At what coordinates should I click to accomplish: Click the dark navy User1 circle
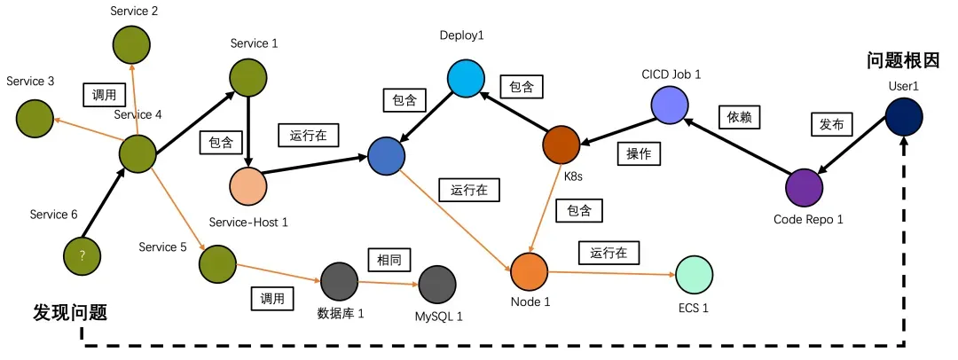(x=904, y=118)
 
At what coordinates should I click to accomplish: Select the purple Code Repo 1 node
(x=805, y=187)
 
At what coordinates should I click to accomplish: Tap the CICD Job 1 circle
(x=671, y=106)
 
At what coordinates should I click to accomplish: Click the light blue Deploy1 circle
(x=464, y=78)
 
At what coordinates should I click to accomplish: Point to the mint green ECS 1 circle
(x=695, y=276)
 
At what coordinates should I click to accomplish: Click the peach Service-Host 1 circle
(x=248, y=185)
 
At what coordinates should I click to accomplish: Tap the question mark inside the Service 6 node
(x=82, y=255)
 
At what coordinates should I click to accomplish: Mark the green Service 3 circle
(x=34, y=116)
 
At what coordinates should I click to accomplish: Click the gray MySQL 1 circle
(x=437, y=285)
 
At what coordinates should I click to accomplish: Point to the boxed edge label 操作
(x=639, y=153)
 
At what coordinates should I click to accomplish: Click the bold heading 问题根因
(x=903, y=60)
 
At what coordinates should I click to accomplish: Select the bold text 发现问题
(x=70, y=312)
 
